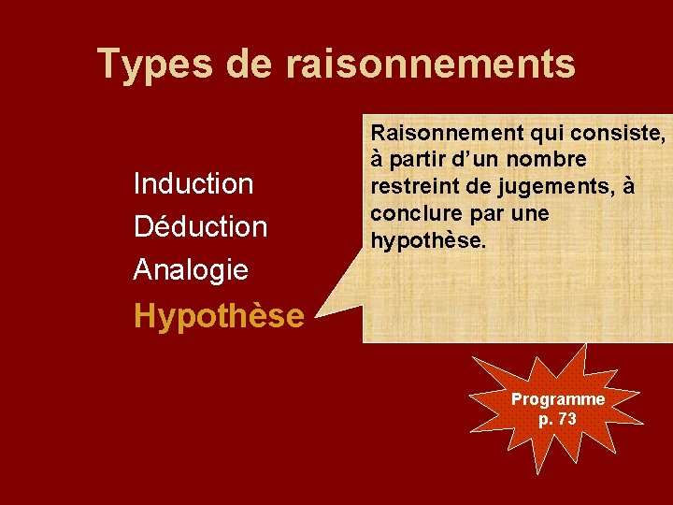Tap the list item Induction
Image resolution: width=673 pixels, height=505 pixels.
[x=193, y=183]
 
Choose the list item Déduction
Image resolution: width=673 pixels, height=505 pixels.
[x=200, y=226]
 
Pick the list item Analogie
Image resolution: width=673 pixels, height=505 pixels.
[x=191, y=270]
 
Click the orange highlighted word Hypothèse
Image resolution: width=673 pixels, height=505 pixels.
[x=219, y=316]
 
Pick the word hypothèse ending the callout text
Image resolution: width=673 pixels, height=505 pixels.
[x=429, y=240]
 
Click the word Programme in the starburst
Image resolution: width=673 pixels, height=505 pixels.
[x=558, y=399]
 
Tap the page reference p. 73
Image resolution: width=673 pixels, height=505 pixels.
[x=558, y=418]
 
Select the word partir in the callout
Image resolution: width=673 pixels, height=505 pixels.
[x=418, y=160]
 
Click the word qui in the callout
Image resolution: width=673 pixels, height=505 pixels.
[x=544, y=133]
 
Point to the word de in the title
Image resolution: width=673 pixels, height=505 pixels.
[x=249, y=64]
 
